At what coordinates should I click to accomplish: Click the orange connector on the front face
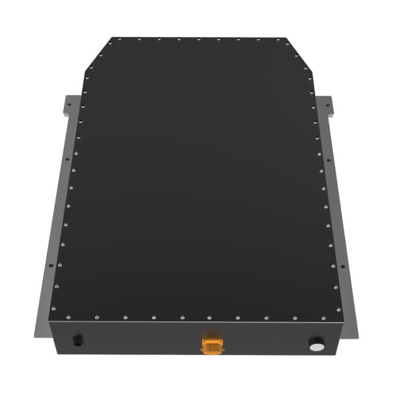pyautogui.click(x=211, y=344)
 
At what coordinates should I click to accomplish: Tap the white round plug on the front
pyautogui.click(x=317, y=345)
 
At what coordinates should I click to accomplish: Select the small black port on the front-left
pyautogui.click(x=78, y=340)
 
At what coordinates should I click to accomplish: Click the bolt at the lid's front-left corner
pyautogui.click(x=55, y=315)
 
